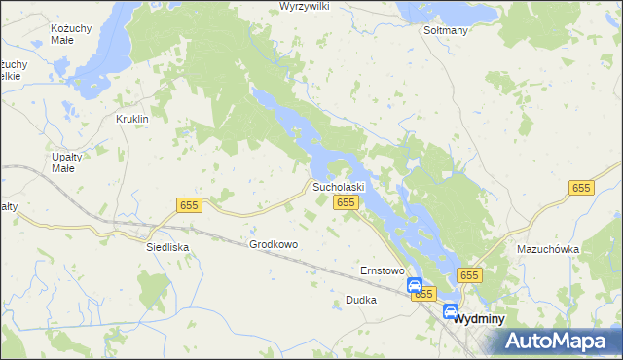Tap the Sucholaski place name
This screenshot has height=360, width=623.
338,186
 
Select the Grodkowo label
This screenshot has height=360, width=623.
274,244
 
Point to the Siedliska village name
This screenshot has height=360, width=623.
166,247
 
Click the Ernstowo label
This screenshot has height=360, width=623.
382,270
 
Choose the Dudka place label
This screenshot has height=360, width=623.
360,301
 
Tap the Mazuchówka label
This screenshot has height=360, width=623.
548,249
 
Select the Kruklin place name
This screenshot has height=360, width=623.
131,119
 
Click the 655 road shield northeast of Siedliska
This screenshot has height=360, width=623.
189,204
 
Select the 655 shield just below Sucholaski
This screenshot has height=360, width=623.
346,201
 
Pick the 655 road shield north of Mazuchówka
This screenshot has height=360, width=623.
581,188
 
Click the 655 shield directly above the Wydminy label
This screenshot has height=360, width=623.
470,275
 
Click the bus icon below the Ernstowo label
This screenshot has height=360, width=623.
414,285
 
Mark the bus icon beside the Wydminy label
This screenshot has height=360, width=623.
451,312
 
